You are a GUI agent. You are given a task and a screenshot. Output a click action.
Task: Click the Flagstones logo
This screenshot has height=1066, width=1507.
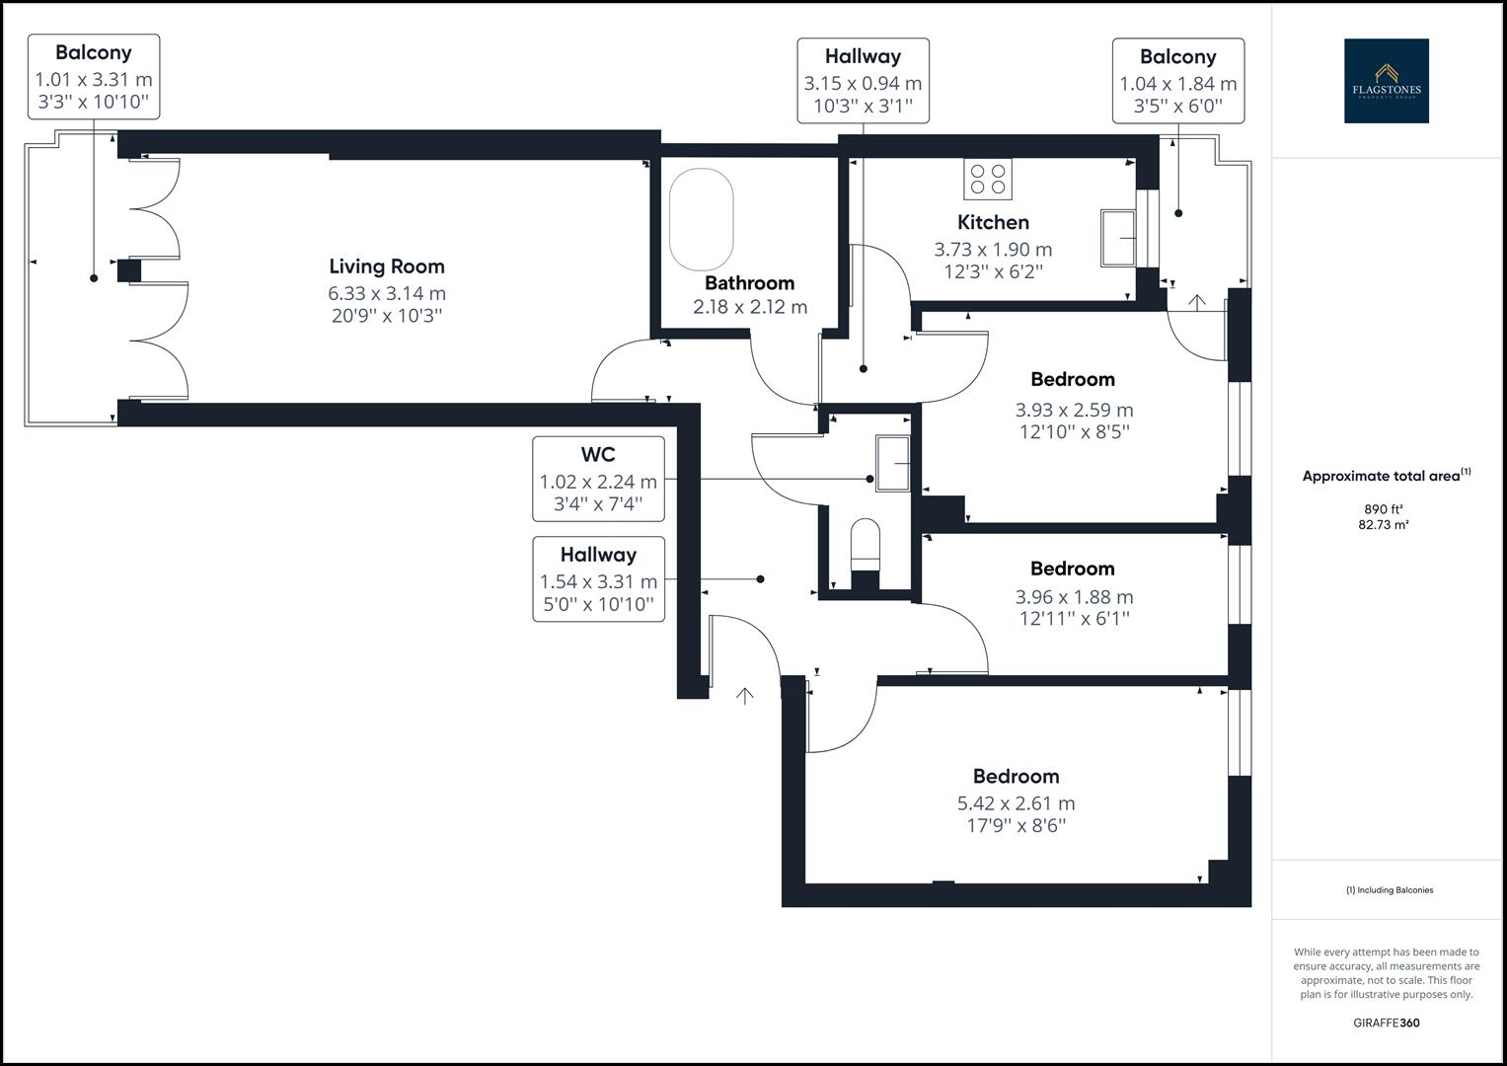coord(1387,81)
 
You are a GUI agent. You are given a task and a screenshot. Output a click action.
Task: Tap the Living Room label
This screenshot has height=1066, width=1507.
coord(387,266)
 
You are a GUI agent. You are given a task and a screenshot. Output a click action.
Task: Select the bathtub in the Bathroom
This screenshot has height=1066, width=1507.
coord(701,219)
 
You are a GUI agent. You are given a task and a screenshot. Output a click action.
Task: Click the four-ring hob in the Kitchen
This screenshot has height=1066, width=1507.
coord(988,179)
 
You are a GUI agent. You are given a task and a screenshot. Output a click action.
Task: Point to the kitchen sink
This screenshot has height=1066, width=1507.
coord(1118,238)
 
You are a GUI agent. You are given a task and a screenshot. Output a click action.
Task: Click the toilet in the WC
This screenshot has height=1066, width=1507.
coord(866,545)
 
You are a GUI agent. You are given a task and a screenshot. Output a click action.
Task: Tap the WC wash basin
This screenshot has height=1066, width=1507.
coord(893,463)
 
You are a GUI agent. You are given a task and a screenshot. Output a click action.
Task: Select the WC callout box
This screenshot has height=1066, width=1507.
coord(598,479)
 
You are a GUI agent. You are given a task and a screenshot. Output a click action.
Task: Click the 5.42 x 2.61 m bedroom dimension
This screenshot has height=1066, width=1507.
coord(1016,802)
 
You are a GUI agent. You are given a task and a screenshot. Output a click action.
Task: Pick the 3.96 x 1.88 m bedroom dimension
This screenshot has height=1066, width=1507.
coord(1074,597)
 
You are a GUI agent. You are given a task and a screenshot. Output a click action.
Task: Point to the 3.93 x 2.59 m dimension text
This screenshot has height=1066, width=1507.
coord(1074,410)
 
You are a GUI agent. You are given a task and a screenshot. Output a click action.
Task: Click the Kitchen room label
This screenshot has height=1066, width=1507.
coord(993,222)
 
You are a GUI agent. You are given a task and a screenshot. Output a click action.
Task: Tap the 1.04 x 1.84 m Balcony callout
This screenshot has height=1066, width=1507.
coord(1178,81)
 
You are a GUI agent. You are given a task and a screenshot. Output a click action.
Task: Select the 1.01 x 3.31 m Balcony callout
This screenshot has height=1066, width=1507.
coord(94,77)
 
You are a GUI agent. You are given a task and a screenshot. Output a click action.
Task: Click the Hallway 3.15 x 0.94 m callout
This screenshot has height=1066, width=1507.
coord(864,81)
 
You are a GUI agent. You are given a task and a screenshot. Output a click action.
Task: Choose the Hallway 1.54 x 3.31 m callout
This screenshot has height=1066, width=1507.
coord(598,578)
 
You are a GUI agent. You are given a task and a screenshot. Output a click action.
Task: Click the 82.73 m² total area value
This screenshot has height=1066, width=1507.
coord(1384,525)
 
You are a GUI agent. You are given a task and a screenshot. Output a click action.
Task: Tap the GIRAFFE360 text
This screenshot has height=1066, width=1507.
coord(1387,1023)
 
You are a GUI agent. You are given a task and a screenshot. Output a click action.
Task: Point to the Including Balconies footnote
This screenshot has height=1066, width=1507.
coord(1390,889)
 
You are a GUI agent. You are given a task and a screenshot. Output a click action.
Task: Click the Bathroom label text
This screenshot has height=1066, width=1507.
coord(749,282)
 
